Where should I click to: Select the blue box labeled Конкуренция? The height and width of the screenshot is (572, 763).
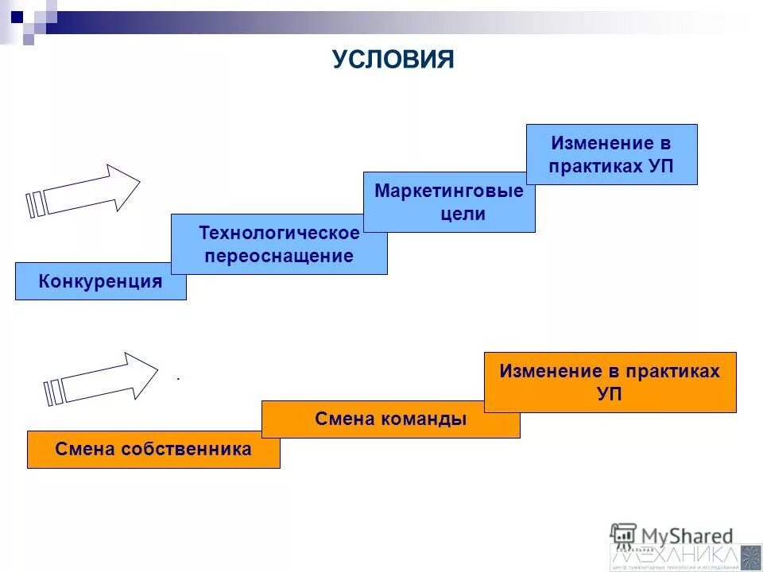click(100, 281)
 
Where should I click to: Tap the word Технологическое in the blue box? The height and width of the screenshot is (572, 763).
click(279, 234)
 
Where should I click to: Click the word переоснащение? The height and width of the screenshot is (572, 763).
click(279, 257)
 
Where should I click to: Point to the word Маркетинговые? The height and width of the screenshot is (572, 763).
click(449, 191)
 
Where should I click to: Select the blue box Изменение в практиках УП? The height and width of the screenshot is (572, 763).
click(611, 155)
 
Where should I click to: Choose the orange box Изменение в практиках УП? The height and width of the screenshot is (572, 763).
click(610, 382)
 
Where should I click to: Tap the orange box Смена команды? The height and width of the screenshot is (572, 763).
click(390, 419)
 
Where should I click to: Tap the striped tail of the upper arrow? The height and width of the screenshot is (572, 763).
click(36, 203)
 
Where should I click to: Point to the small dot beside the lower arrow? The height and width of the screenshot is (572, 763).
click(178, 380)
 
